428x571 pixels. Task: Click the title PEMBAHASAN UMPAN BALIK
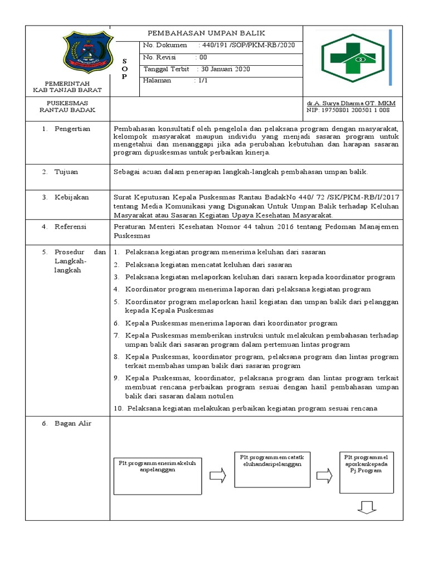pos(206,33)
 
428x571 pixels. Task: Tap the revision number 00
pos(203,57)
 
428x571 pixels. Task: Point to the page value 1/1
pos(200,80)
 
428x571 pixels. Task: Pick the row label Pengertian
pos(72,128)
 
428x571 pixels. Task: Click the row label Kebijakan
pos(71,197)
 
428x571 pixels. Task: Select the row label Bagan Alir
pos(73,423)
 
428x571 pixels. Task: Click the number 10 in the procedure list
pos(118,408)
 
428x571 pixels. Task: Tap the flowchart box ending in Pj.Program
pos(365,472)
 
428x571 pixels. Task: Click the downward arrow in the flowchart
pos(366,507)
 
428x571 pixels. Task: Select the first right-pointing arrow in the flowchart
pos(217,476)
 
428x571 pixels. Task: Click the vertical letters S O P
pos(124,68)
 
